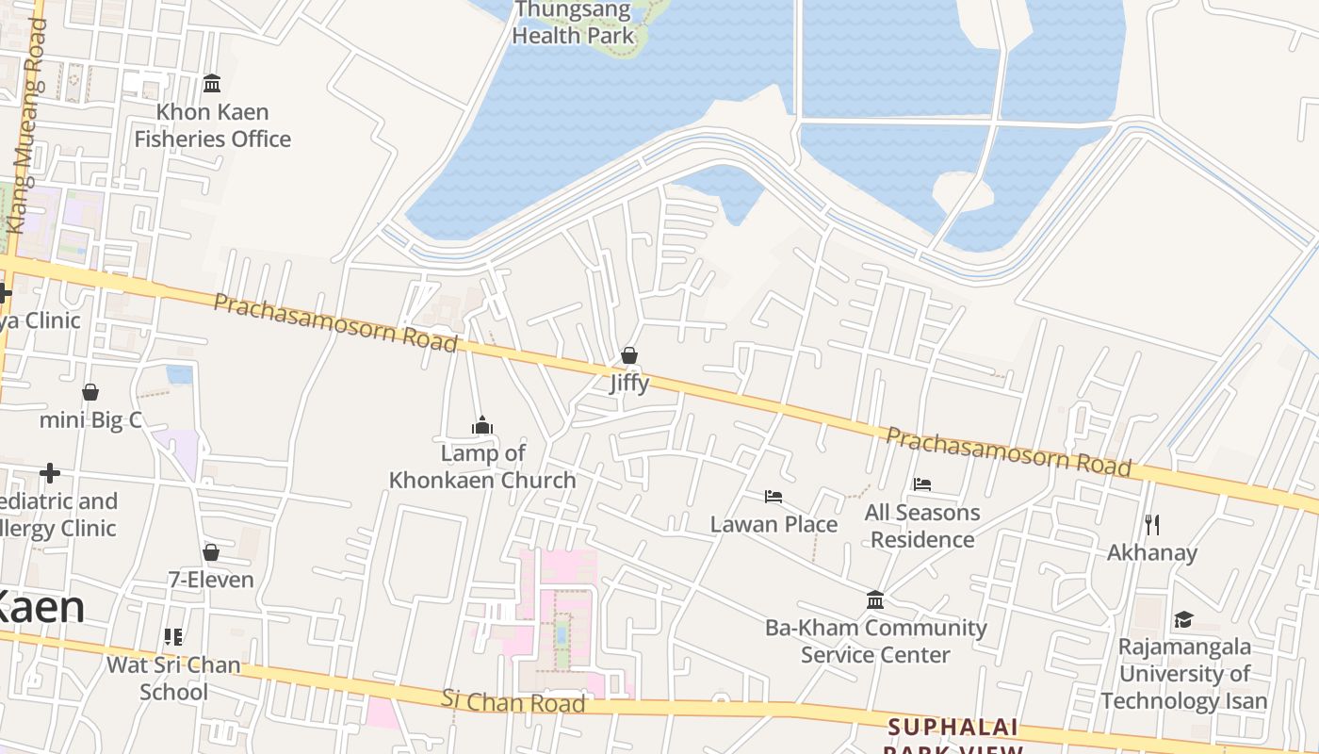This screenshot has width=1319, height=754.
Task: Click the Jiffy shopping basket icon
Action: (x=629, y=355)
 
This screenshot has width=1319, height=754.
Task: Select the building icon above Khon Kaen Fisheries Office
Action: (x=212, y=84)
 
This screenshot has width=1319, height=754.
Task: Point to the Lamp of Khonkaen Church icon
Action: (x=482, y=425)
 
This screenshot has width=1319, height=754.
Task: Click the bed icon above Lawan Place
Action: (x=773, y=497)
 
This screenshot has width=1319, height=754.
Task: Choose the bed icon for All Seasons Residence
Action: (x=922, y=484)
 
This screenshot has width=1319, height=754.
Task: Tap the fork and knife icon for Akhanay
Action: (x=1151, y=524)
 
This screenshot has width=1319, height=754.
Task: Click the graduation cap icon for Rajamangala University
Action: (x=1183, y=619)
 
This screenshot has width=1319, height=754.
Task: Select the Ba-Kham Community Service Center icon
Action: (x=875, y=599)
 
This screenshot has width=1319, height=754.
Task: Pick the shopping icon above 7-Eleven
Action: (x=211, y=551)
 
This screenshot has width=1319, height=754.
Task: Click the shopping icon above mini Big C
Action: (x=90, y=392)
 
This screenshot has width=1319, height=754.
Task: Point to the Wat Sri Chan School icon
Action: (x=173, y=637)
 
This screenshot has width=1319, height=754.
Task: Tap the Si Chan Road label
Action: (x=513, y=701)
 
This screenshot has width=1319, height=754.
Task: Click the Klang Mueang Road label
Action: (x=26, y=127)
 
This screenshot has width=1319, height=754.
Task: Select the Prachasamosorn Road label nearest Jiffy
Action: (x=335, y=321)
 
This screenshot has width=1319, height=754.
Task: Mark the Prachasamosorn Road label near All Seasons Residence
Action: (x=1008, y=451)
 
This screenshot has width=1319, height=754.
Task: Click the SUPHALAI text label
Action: (x=953, y=727)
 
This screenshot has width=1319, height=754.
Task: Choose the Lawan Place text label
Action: (x=773, y=524)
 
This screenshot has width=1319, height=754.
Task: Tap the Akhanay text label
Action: (x=1151, y=552)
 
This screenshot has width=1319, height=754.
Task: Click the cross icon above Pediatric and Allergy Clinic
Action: (x=50, y=473)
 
